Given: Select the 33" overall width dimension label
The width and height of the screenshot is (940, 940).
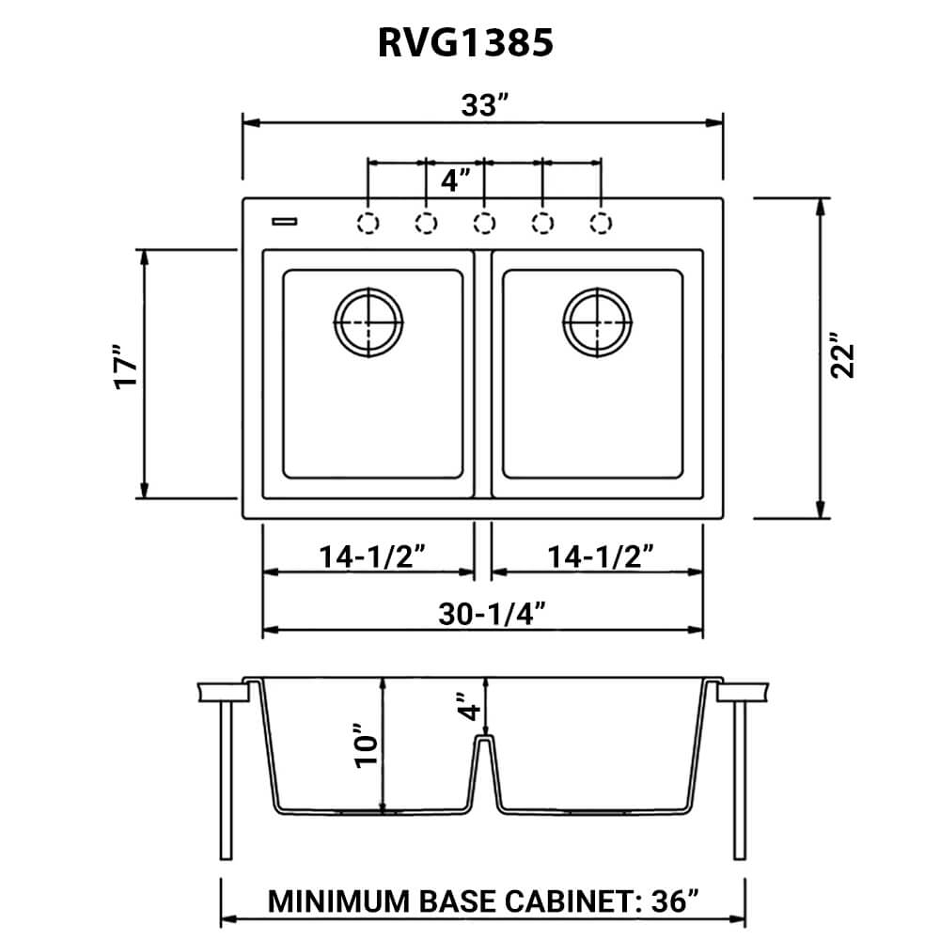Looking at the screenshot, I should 480,105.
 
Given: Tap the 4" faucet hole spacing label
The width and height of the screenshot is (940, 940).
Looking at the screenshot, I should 456,180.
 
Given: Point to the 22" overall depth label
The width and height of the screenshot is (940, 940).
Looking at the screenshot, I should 846,356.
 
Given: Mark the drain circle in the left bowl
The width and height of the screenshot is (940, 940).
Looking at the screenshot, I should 368,322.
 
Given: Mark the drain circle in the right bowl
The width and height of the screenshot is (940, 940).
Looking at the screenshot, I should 597,322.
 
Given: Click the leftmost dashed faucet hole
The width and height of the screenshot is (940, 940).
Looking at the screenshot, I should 368,223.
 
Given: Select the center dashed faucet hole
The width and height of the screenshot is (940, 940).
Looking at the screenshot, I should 483,223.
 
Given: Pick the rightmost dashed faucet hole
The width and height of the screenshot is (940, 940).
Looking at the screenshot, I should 600,223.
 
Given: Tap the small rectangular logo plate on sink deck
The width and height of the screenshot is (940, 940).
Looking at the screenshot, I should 284,222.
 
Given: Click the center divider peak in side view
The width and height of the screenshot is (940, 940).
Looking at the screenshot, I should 483,741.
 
